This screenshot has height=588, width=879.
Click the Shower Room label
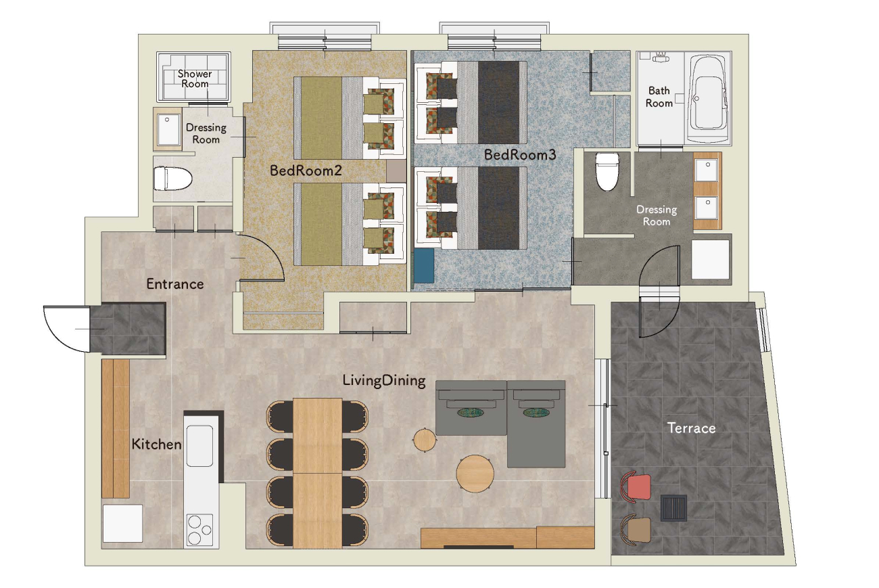pyautogui.click(x=195, y=79)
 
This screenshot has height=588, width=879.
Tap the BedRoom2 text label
pyautogui.click(x=306, y=171)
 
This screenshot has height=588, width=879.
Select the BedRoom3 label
pyautogui.click(x=520, y=155)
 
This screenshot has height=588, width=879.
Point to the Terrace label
pyautogui.click(x=692, y=428)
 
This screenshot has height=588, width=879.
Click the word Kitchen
pyautogui.click(x=157, y=445)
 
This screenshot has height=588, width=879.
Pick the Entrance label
pyautogui.click(x=175, y=284)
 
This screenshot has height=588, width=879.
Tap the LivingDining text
pyautogui.click(x=384, y=380)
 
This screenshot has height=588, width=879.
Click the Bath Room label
pyautogui.click(x=659, y=97)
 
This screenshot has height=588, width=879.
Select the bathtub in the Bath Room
pyautogui.click(x=709, y=98)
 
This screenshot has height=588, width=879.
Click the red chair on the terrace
pyautogui.click(x=636, y=487)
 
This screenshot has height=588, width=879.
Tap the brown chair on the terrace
pyautogui.click(x=636, y=530)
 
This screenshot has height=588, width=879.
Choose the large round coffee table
pyautogui.click(x=475, y=474)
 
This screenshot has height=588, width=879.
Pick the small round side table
pyautogui.click(x=425, y=440)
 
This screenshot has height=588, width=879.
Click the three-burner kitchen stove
pyautogui.click(x=199, y=530)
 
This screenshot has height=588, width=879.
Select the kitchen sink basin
pyautogui.click(x=199, y=446)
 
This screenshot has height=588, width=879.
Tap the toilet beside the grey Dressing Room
pyautogui.click(x=607, y=172)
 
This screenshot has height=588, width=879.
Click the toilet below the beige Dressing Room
pyautogui.click(x=172, y=179)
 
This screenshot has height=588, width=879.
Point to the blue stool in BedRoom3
pyautogui.click(x=424, y=265)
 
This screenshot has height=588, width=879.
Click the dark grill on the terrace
pyautogui.click(x=673, y=508)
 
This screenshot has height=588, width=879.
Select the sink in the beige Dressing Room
pyautogui.click(x=168, y=129)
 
